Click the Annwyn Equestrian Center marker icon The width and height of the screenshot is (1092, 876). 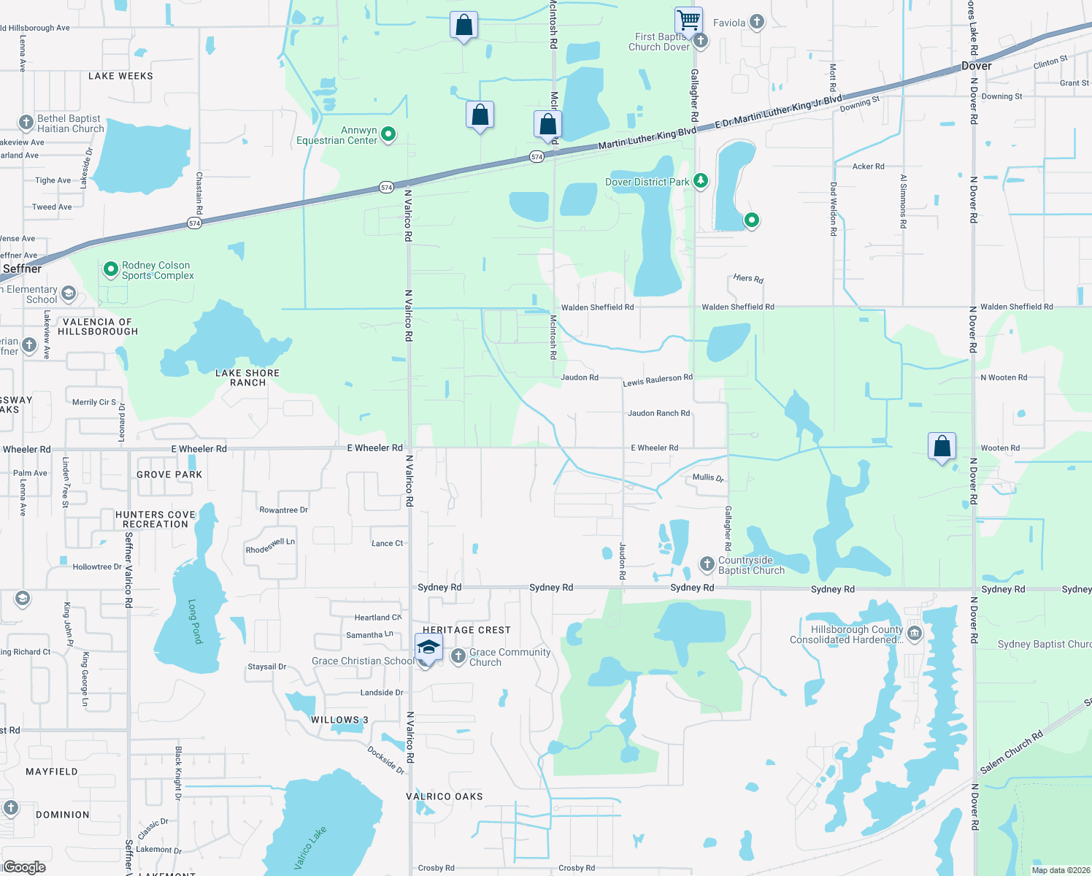(x=389, y=134)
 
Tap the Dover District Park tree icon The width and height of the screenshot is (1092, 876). (x=701, y=180)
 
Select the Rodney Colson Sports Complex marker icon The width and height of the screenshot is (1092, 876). (x=110, y=270)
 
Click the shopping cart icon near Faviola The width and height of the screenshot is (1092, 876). (x=688, y=20)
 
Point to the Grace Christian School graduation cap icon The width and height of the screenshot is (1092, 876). (x=428, y=648)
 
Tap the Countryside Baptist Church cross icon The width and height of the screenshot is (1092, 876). (x=707, y=564)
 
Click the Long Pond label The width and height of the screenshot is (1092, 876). (x=194, y=621)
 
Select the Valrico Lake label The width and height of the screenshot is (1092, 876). (x=310, y=848)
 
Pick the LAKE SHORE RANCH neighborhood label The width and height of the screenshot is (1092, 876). (x=247, y=377)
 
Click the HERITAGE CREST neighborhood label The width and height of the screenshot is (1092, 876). (x=466, y=630)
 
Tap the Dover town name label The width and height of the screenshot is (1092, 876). (x=976, y=66)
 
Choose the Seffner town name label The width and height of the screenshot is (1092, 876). (x=22, y=269)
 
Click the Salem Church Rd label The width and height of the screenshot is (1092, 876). (x=1011, y=753)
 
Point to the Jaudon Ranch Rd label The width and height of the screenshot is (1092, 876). (x=658, y=413)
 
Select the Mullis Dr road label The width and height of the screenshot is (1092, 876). (x=707, y=477)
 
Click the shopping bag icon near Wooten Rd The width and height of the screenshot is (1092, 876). (x=942, y=446)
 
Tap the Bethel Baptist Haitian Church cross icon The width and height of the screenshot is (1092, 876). (x=26, y=123)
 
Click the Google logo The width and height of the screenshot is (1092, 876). (x=24, y=867)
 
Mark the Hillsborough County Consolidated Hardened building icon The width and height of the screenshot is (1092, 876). (x=915, y=632)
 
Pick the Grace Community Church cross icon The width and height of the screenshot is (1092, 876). (x=458, y=656)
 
